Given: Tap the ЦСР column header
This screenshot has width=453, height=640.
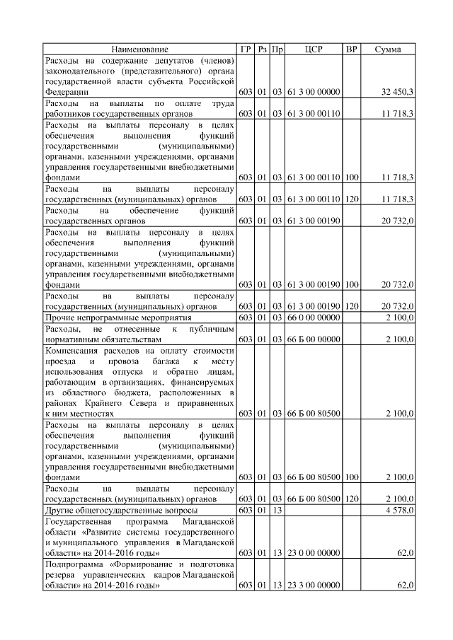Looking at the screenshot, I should pos(314,49).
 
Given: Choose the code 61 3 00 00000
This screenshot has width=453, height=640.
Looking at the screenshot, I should pos(314,92).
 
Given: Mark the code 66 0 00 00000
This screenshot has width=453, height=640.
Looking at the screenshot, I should pos(314,318).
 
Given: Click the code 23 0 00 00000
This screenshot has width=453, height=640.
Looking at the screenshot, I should pos(314,552).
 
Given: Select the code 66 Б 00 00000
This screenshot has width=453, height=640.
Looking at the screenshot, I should pos(314,340).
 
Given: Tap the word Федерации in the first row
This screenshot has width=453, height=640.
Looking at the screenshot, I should pos(67,92).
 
